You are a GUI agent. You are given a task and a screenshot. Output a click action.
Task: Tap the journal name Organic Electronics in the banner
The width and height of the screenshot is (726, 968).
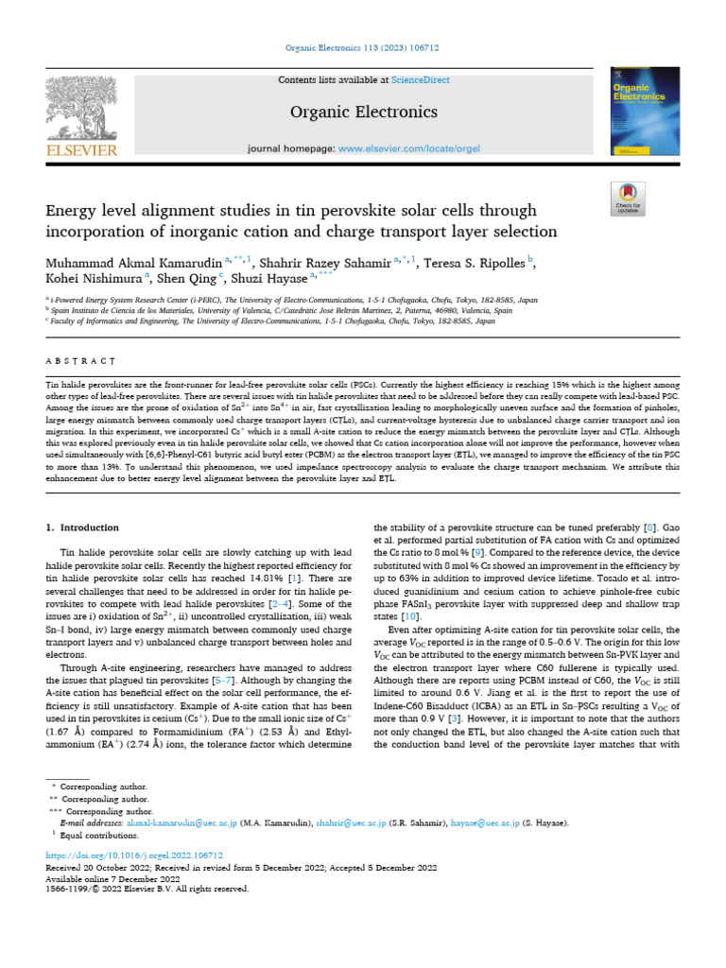(x=363, y=112)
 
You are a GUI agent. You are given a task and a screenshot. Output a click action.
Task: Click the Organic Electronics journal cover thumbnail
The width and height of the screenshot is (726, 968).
(x=643, y=111)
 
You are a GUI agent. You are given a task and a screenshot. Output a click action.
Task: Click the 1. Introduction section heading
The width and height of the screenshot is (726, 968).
(x=82, y=527)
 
